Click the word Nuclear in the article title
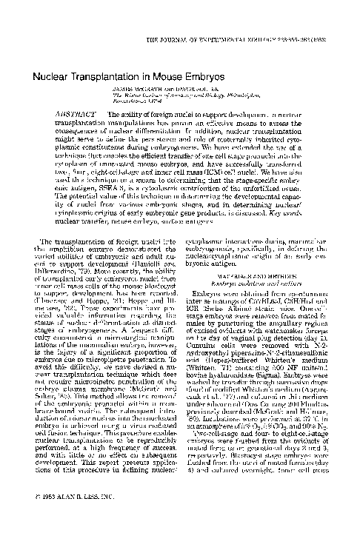click(52, 76)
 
